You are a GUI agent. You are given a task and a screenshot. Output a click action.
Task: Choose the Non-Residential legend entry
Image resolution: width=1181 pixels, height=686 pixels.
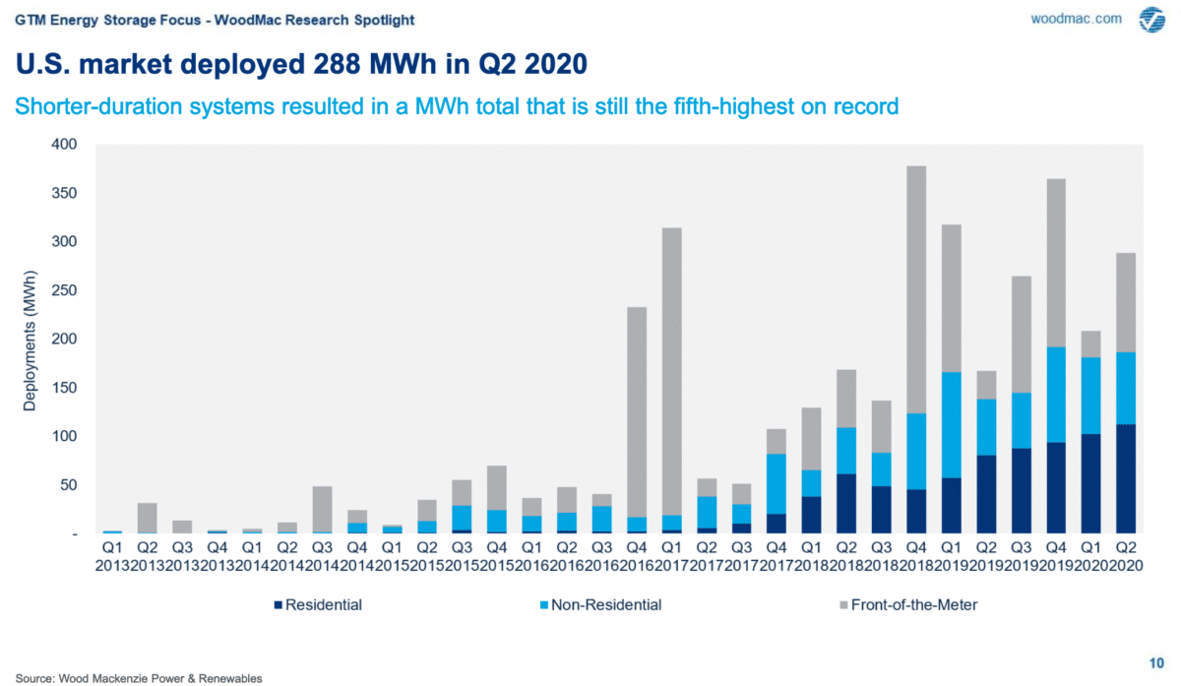coord(604,604)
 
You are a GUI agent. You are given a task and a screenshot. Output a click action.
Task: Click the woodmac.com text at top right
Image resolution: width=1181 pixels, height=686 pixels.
coord(1076,19)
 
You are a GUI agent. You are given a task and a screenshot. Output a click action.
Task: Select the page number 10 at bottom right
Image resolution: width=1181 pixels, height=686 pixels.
coord(1156,661)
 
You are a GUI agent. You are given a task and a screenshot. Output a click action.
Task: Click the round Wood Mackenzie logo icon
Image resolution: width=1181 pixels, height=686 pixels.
coord(1151,20)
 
